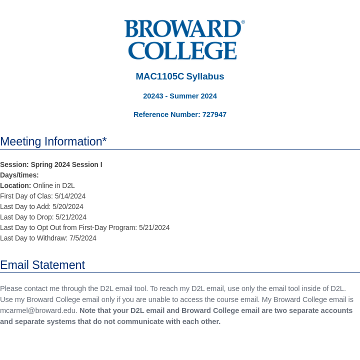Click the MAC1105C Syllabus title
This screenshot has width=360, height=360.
tap(180, 76)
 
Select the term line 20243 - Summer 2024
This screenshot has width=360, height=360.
tap(180, 96)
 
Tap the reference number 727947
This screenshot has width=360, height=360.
tap(214, 114)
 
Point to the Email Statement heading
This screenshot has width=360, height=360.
tap(42, 265)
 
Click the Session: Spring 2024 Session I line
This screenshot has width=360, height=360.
tap(51, 164)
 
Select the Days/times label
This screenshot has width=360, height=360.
tap(19, 175)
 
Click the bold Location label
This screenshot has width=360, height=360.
tap(15, 185)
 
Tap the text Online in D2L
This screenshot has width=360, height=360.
tap(54, 185)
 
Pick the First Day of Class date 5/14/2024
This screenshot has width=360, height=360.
tap(70, 196)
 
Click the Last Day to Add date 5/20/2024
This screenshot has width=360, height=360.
tap(68, 206)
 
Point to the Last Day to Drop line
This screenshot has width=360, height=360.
tap(43, 217)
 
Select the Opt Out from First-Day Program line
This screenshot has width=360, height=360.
tap(85, 227)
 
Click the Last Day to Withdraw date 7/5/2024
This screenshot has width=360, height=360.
tap(83, 238)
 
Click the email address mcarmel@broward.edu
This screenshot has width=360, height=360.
tap(38, 310)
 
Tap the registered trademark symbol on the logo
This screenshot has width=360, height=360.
tap(243, 22)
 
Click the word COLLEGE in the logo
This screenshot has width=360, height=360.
tap(182, 50)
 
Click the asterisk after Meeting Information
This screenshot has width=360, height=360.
tap(104, 140)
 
